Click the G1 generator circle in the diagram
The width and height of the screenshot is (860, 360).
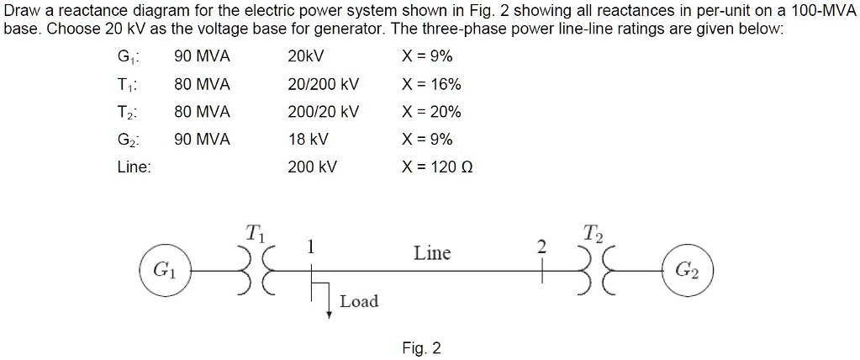pos(164,270)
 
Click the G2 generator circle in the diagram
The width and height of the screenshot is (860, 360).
pos(686,270)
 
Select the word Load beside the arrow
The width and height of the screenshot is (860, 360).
pos(359,301)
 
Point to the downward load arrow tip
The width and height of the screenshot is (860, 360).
pos(330,315)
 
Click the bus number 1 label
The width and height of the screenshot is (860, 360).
pos(310,246)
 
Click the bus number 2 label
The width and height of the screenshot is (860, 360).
pos(541,246)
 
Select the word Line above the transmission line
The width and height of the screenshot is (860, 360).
pos(432,253)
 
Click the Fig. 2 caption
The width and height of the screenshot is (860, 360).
pos(421,348)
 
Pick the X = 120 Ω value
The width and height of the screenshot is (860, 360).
pos(440,167)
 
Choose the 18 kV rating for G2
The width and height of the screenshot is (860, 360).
pos(308,140)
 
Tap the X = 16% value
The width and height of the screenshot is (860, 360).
pos(432,85)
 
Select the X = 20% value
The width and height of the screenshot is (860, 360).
pos(432,113)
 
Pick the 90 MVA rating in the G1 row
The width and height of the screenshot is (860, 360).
pos(202,57)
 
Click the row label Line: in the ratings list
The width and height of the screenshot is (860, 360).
pos(134,167)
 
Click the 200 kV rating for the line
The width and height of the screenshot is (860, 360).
pos(312,167)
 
